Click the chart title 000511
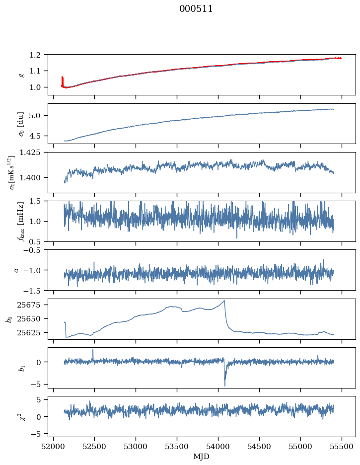click(x=196, y=9)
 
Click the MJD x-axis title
click(x=202, y=457)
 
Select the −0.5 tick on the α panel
click(x=35, y=250)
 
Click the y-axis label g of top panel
click(x=21, y=75)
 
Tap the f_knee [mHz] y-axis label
click(x=21, y=222)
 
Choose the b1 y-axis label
click(x=21, y=368)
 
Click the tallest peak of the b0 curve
click(x=224, y=301)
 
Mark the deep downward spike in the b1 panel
click(x=224, y=385)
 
